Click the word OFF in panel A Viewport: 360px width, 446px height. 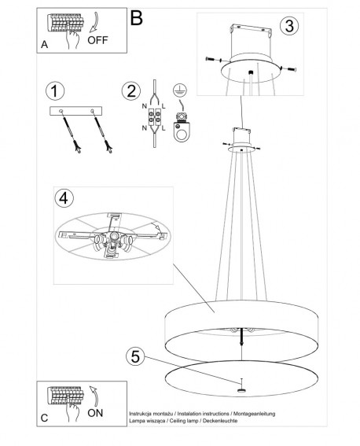point(97,40)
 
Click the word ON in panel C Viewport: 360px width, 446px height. point(95,413)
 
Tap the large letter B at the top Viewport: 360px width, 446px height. point(136,18)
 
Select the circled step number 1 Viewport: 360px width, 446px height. point(55,91)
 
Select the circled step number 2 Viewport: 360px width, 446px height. point(131,91)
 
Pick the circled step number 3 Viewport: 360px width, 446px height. point(289,26)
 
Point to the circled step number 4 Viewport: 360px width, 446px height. point(64,198)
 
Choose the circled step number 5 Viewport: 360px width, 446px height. point(135,356)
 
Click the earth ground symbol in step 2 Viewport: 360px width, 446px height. point(178,90)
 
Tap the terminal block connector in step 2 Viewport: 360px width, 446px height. point(155,117)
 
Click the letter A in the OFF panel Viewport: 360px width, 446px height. point(44,45)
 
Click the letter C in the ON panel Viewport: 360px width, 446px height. point(44,418)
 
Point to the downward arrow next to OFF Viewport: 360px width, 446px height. point(94,22)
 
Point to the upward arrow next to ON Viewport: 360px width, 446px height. point(94,396)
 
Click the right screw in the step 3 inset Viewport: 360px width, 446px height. point(288,68)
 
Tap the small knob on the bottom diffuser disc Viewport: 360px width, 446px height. point(241,390)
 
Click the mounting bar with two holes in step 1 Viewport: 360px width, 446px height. point(75,111)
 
